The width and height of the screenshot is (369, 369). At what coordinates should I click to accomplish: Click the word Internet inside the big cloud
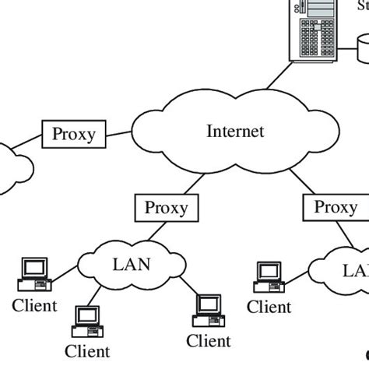(x=234, y=131)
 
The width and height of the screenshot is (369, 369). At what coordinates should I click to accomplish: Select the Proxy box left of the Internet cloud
(x=73, y=134)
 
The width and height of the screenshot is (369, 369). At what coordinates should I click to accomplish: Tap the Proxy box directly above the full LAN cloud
(x=166, y=208)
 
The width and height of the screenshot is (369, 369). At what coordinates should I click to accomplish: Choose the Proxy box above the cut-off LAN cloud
(x=336, y=207)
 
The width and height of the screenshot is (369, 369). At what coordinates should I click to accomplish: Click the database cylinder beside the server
(x=364, y=51)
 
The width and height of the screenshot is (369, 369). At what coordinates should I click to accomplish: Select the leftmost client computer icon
(x=34, y=272)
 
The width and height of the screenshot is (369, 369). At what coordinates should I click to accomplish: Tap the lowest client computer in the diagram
(x=88, y=321)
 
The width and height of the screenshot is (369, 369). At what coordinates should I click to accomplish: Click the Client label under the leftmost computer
(x=34, y=305)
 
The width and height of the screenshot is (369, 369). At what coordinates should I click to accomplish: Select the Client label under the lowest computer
(x=87, y=352)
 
